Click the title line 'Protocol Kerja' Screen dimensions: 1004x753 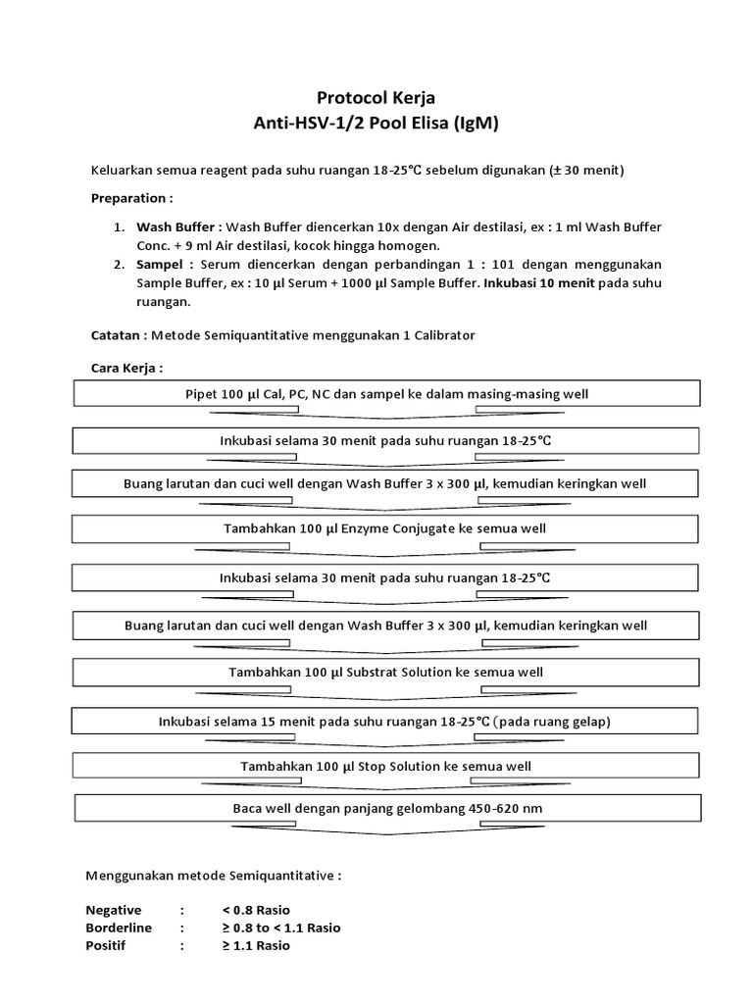point(376,98)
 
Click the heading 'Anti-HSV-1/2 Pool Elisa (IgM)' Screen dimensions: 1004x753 point(376,124)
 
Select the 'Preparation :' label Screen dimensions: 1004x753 point(130,197)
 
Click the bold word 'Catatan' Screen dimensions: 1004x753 point(117,335)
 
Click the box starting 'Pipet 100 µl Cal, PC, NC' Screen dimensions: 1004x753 point(386,394)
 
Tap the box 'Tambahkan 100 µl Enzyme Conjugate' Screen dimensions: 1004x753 point(386,528)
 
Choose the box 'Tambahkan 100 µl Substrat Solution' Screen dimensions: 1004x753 point(386,673)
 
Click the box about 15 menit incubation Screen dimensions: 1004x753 point(384,722)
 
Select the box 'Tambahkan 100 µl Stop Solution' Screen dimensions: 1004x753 point(386,766)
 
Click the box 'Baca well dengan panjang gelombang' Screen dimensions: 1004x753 point(386,809)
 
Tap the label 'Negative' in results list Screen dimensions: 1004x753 point(113,910)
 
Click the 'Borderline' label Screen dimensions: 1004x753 point(118,928)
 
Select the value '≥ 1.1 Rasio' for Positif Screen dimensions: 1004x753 point(256,945)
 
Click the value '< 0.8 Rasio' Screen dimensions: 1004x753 point(256,910)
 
